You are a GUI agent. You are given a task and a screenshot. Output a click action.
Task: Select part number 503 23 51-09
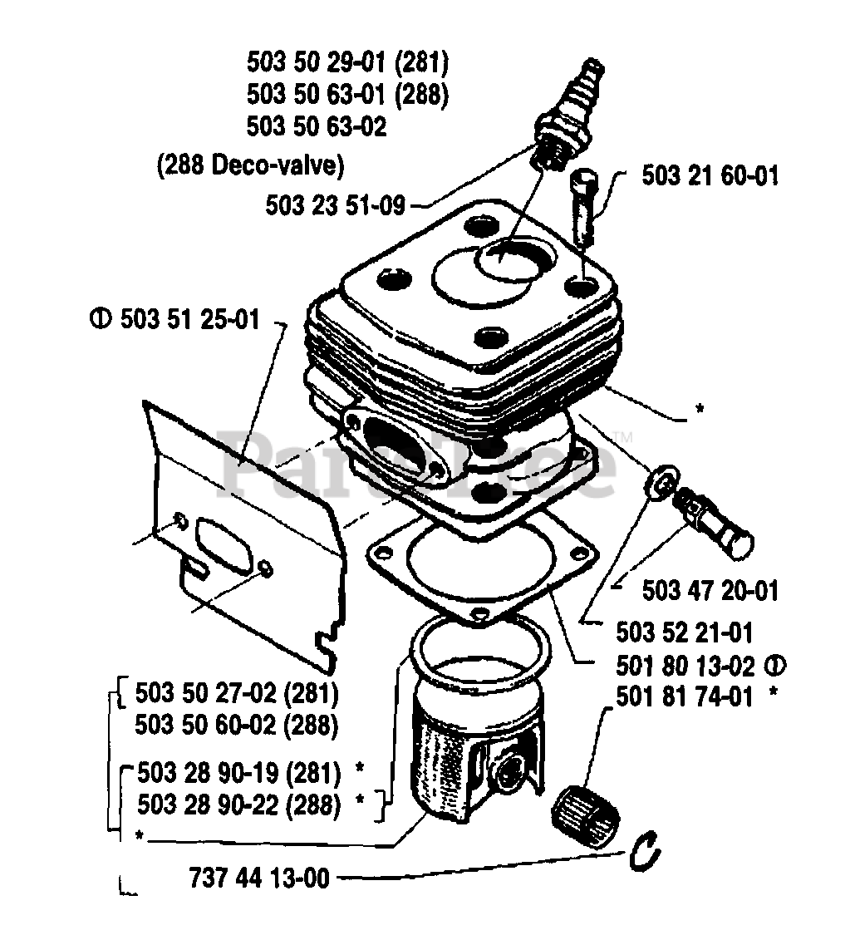pyautogui.click(x=336, y=204)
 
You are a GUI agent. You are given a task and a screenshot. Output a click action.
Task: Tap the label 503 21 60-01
pyautogui.click(x=710, y=176)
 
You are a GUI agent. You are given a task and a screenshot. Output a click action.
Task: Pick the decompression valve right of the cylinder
pyautogui.click(x=713, y=520)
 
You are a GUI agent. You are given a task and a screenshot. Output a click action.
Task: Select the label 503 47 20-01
pyautogui.click(x=710, y=591)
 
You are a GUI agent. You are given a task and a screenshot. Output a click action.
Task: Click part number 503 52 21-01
pyautogui.click(x=685, y=633)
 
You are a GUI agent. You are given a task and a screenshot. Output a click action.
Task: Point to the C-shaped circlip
pyautogui.click(x=644, y=852)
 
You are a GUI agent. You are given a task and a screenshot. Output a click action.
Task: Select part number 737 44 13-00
pyautogui.click(x=259, y=877)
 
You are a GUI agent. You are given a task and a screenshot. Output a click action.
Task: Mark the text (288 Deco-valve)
pyautogui.click(x=250, y=165)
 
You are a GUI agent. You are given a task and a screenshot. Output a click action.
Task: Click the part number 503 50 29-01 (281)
pyautogui.click(x=347, y=62)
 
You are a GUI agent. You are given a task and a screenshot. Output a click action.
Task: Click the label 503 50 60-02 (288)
pyautogui.click(x=236, y=726)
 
